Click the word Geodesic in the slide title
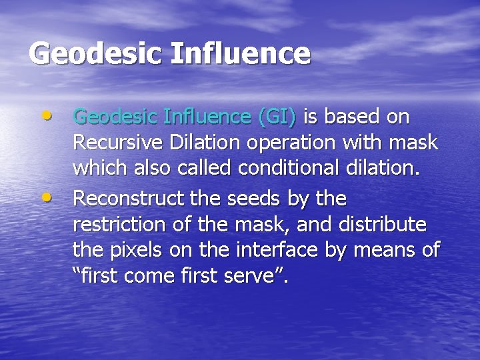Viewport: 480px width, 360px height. [93, 53]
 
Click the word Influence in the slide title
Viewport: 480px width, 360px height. [241, 53]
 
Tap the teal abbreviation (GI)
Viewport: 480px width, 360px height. [277, 117]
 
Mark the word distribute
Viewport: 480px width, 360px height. [385, 225]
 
